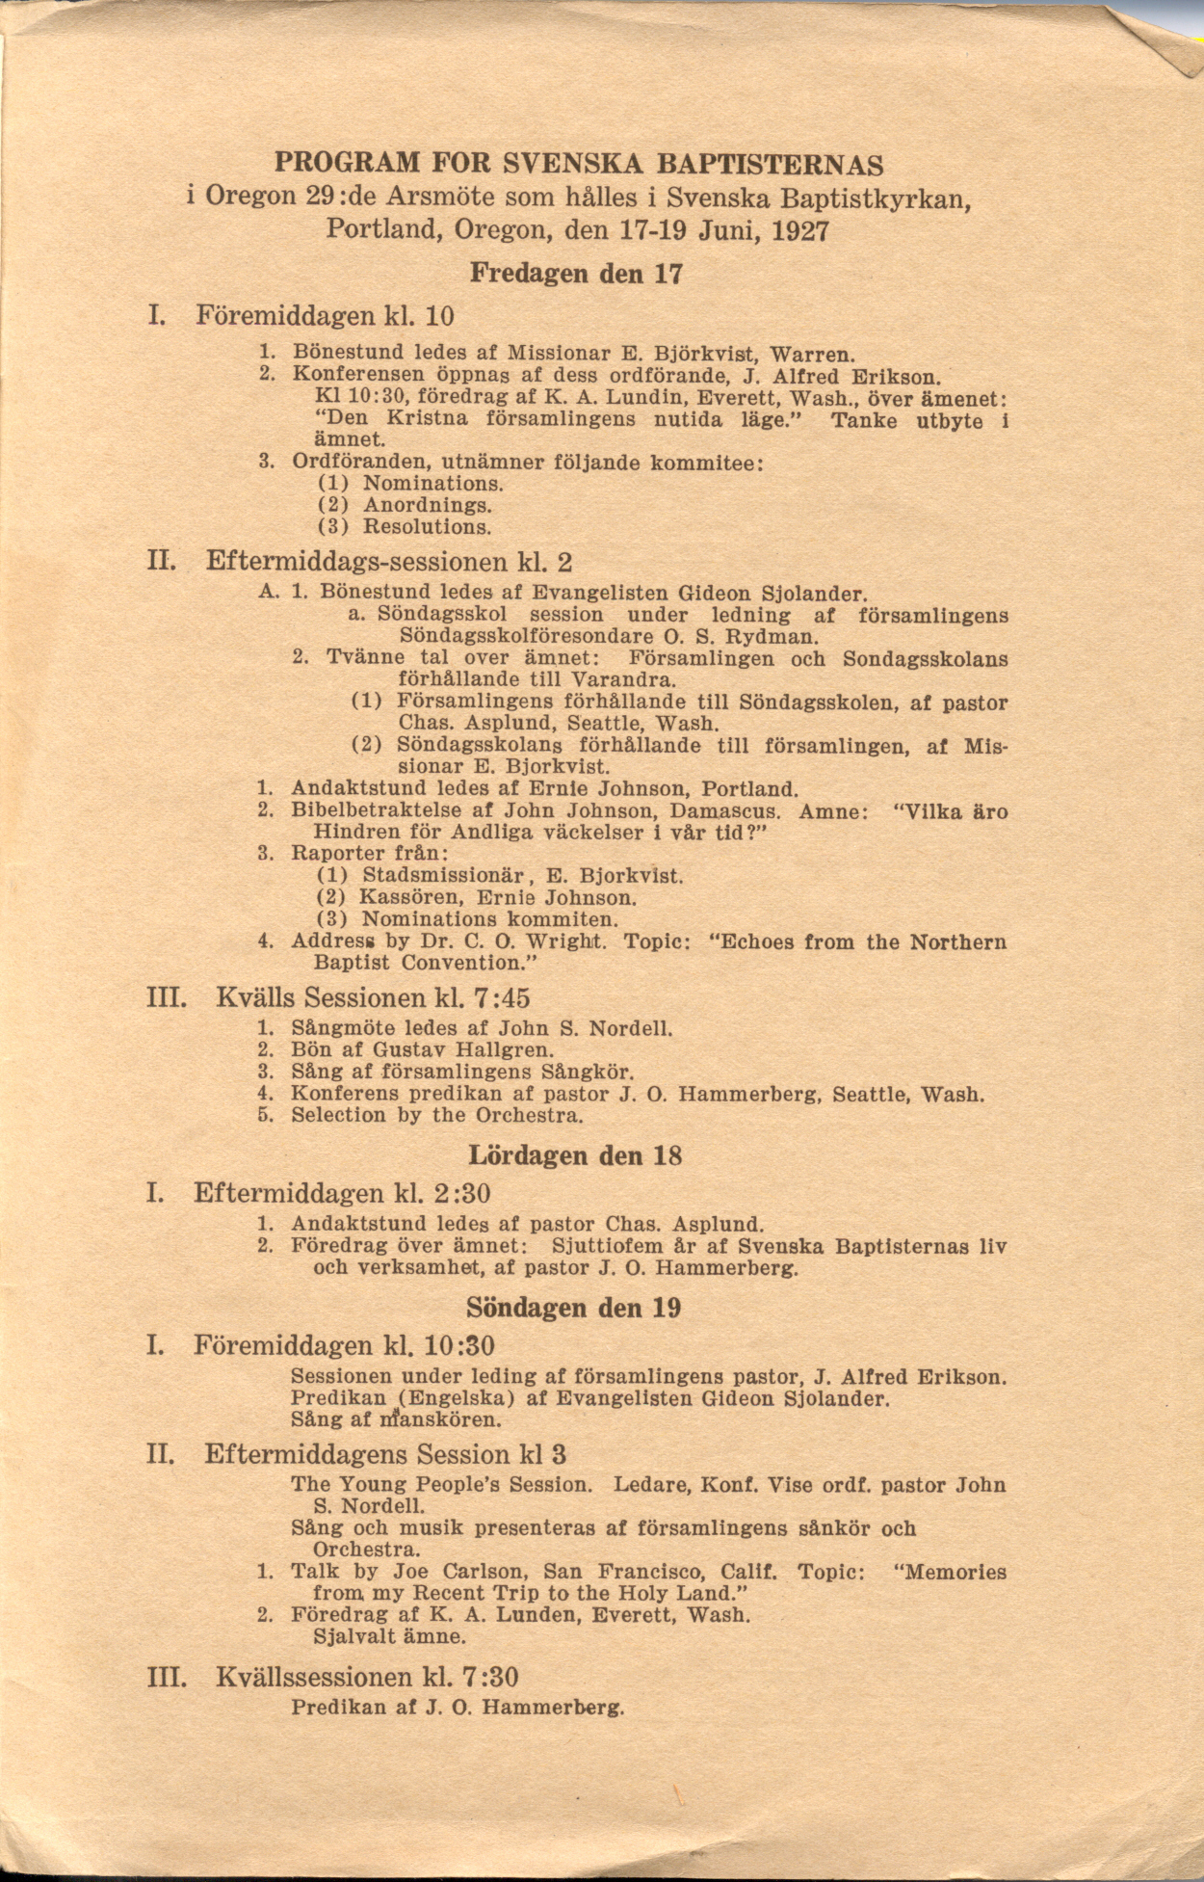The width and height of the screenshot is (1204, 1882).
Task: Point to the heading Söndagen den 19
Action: [574, 1308]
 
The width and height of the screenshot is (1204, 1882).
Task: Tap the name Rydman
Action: [776, 637]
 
